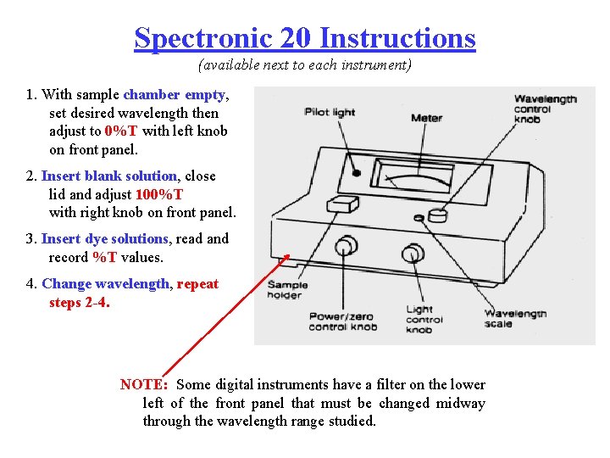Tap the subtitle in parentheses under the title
[x=304, y=65]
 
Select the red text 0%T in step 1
[x=122, y=131]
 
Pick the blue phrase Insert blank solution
[x=109, y=176]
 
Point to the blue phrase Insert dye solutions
[x=104, y=239]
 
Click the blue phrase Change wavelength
[x=105, y=284]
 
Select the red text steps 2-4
[x=79, y=302]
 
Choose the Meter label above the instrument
[x=426, y=118]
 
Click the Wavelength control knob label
[x=545, y=109]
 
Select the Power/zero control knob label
[x=341, y=321]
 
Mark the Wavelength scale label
[x=515, y=318]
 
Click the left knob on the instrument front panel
[x=345, y=247]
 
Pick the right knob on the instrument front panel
[x=413, y=253]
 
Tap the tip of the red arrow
[x=289, y=254]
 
